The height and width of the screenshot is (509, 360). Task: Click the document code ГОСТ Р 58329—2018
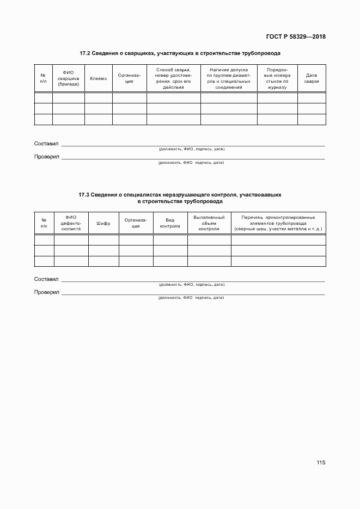click(x=295, y=37)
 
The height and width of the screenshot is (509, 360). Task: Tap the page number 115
click(x=320, y=462)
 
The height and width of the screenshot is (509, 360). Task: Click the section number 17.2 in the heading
click(x=84, y=53)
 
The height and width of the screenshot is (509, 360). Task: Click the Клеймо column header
click(x=98, y=78)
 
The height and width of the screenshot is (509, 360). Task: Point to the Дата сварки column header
click(x=312, y=78)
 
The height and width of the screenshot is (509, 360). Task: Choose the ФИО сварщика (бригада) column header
click(x=68, y=78)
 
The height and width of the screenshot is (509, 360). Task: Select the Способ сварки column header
click(x=173, y=78)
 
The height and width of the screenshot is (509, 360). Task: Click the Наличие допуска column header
click(x=228, y=78)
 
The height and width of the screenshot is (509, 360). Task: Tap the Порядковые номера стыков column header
click(x=277, y=78)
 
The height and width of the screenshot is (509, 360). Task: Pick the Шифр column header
click(x=103, y=224)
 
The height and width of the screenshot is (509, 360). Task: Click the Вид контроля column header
click(x=170, y=224)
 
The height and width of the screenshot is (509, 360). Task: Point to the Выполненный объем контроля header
click(x=209, y=223)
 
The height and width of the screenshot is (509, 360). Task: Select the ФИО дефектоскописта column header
click(x=71, y=224)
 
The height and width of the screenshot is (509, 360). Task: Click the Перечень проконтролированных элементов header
click(x=278, y=223)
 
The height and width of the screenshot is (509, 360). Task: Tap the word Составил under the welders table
click(x=46, y=144)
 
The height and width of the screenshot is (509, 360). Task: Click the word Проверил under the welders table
click(x=46, y=157)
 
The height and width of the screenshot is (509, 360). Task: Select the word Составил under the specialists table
click(x=46, y=279)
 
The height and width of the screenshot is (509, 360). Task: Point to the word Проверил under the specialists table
click(x=46, y=292)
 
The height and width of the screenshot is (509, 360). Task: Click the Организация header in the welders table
click(x=129, y=78)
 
